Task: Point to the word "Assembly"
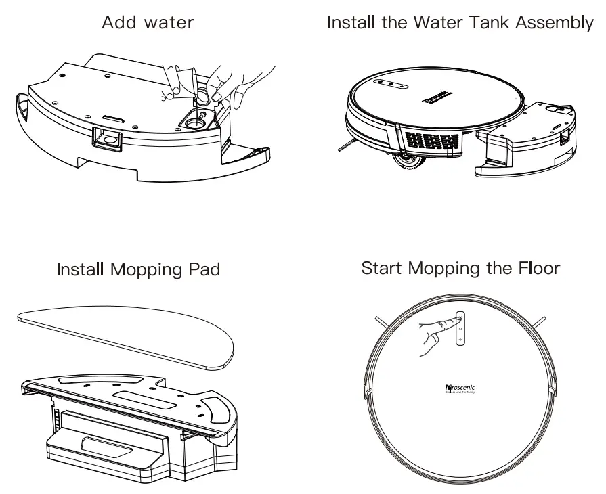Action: pyautogui.click(x=555, y=23)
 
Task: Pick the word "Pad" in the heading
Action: pyautogui.click(x=204, y=269)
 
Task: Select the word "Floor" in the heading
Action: pyautogui.click(x=537, y=268)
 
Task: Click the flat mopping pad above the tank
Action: pyautogui.click(x=125, y=334)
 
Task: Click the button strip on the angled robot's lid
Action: pyautogui.click(x=391, y=86)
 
